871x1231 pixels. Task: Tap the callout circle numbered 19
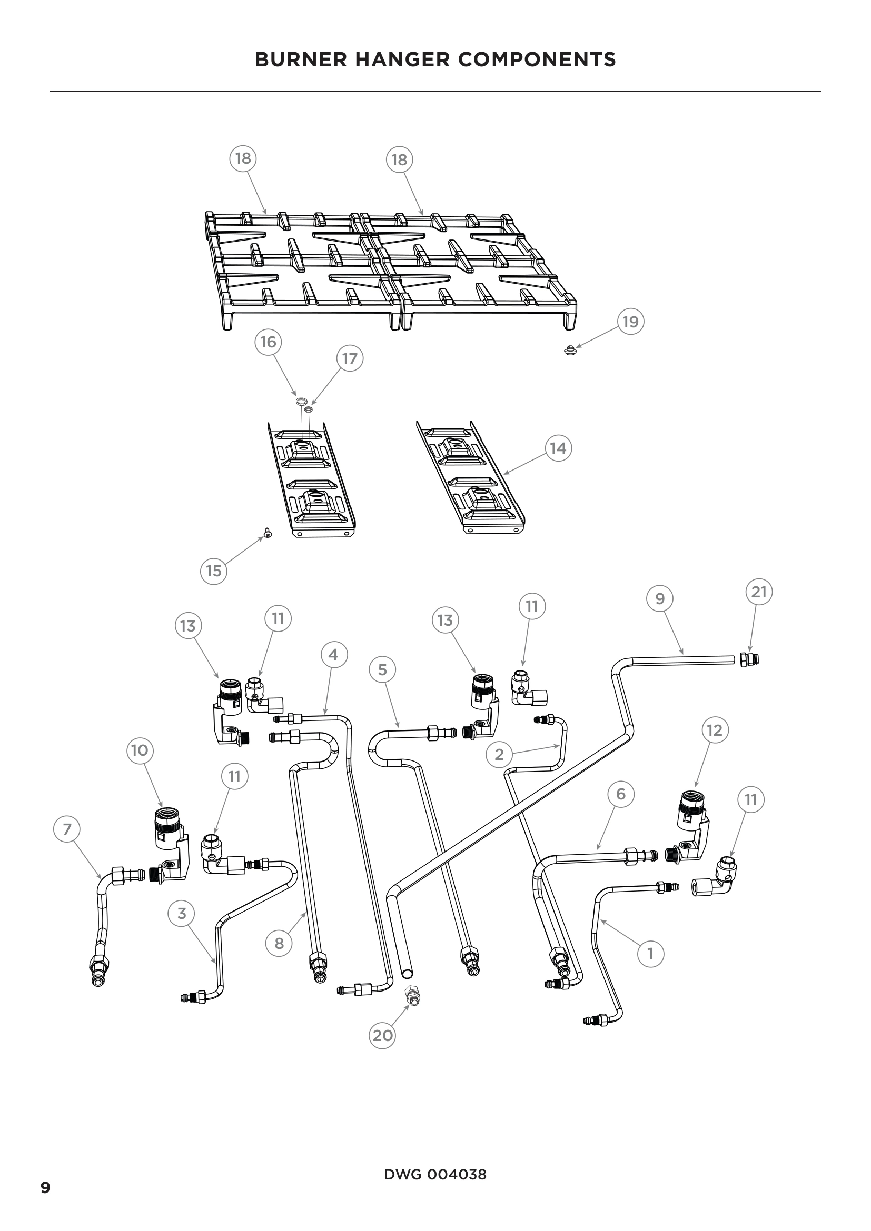coord(630,322)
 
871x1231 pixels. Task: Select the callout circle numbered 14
coord(558,448)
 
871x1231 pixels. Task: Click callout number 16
coord(268,342)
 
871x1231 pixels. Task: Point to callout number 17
coord(350,359)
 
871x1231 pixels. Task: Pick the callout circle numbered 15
coord(213,571)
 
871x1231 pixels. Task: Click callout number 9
coord(660,598)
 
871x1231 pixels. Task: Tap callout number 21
coord(759,592)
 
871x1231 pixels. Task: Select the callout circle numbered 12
coord(715,730)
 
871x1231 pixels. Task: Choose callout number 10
coord(140,750)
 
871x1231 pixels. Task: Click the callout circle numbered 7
coord(67,829)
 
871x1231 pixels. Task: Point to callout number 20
coord(382,1035)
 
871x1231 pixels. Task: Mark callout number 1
coord(650,954)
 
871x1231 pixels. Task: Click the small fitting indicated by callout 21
coord(749,660)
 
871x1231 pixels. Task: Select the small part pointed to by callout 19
coord(571,351)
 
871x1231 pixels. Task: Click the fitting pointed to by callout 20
coord(413,996)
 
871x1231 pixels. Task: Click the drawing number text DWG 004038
coord(435,1175)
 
